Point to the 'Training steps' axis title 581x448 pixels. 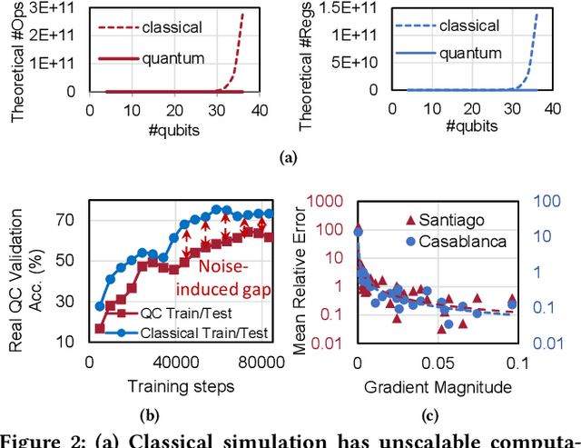(181, 386)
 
